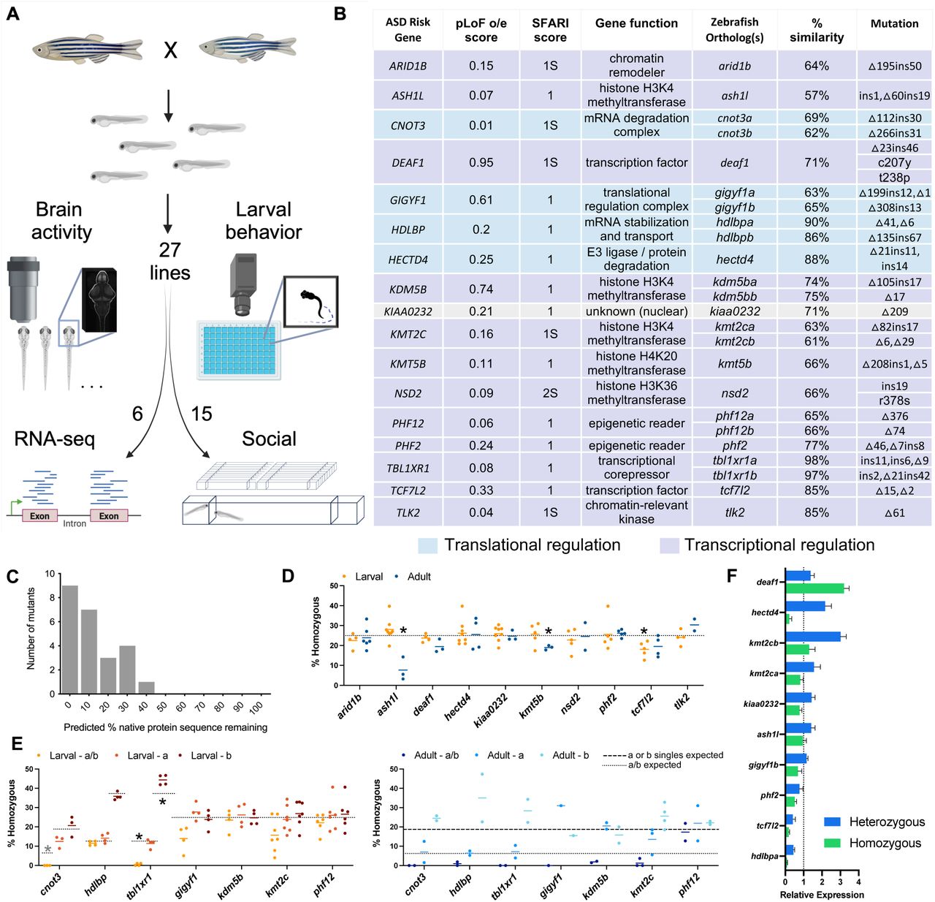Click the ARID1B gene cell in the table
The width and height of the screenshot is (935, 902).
[x=408, y=66]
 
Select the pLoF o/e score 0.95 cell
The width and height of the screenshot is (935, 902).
[x=481, y=162]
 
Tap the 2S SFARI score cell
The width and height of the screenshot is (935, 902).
[x=550, y=393]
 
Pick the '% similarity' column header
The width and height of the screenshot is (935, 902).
[x=817, y=30]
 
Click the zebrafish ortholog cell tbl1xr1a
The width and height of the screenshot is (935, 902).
[x=735, y=461]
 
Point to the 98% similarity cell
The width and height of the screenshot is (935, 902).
[x=817, y=461]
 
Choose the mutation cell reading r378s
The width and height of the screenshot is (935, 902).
[x=894, y=401]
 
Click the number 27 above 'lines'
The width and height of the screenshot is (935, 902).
[x=169, y=250]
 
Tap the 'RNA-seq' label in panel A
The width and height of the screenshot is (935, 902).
[x=54, y=439]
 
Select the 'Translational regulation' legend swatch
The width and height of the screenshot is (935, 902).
[x=428, y=545]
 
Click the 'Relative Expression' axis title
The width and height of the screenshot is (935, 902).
[x=821, y=895]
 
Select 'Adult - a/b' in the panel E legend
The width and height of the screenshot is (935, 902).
[x=436, y=755]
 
